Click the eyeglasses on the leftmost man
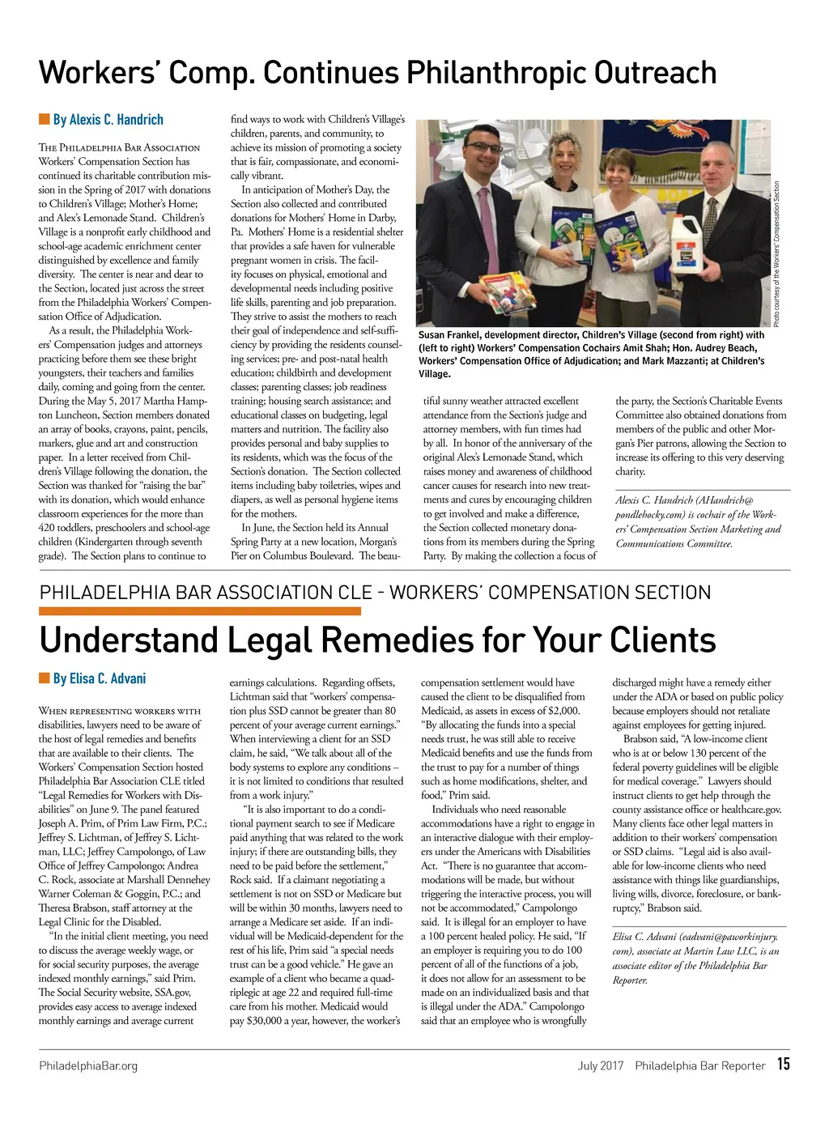point(485,148)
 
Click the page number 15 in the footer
point(783,1065)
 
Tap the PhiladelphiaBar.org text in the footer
point(88,1066)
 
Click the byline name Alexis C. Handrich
point(108,120)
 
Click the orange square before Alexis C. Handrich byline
point(44,120)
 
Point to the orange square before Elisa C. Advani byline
point(44,678)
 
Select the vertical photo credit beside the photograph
point(776,253)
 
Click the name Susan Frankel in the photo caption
point(453,335)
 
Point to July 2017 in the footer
point(600,1066)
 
